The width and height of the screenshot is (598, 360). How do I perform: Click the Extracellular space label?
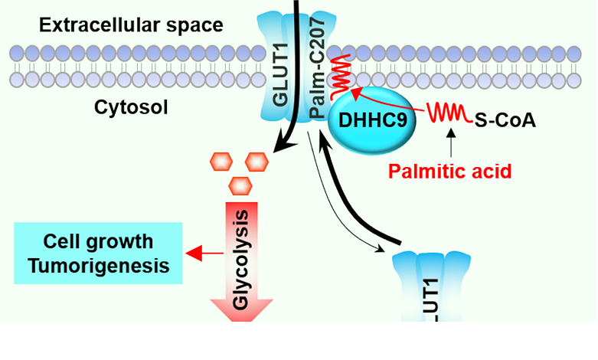click(131, 25)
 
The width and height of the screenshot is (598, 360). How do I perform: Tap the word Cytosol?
click(132, 106)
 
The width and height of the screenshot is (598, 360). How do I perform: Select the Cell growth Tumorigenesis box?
click(97, 254)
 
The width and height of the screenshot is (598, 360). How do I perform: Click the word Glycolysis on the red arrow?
click(242, 257)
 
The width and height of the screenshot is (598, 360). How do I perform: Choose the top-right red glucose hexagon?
click(256, 162)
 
